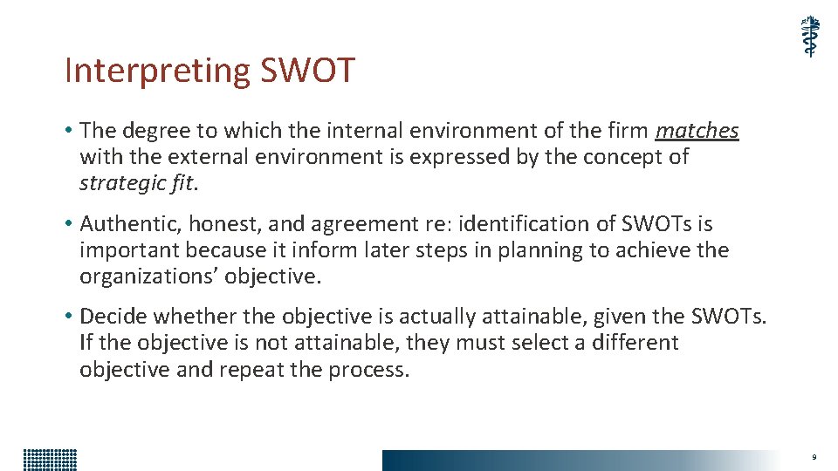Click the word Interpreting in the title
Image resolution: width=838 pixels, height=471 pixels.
coord(158,71)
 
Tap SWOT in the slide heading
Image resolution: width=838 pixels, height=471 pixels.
coord(308,71)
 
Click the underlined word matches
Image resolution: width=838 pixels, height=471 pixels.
coord(697,131)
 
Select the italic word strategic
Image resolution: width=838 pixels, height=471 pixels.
coord(118,183)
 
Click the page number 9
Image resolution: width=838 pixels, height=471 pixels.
coord(814,457)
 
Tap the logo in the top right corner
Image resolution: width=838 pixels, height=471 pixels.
coord(811,37)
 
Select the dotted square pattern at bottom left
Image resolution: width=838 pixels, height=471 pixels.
coord(50,460)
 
